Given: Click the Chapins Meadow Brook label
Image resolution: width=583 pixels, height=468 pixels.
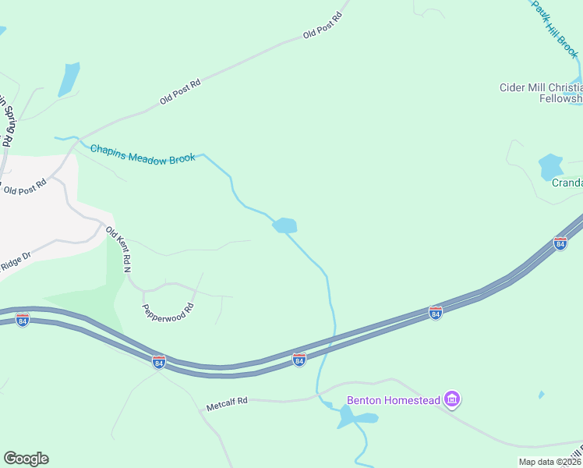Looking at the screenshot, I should [x=142, y=153].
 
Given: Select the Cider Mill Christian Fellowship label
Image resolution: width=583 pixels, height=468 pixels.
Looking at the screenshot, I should [x=541, y=93].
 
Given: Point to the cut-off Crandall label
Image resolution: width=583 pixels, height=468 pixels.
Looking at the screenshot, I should [x=567, y=183].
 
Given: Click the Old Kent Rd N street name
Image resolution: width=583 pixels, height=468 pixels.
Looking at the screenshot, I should [x=117, y=249].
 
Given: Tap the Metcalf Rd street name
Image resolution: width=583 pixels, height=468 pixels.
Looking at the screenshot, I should [x=227, y=402].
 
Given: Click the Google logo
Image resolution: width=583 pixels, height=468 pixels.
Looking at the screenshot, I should [x=26, y=459].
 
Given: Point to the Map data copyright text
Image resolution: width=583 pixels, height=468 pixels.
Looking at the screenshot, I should [x=550, y=462].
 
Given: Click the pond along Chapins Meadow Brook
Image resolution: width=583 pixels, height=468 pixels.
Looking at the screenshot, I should [x=284, y=225].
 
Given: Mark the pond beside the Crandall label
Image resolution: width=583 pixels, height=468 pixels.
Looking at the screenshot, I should [x=550, y=166].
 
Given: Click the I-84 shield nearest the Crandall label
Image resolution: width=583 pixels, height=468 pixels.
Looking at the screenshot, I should [x=560, y=244].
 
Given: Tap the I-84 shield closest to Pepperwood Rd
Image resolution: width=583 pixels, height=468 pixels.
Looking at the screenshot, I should [x=159, y=362].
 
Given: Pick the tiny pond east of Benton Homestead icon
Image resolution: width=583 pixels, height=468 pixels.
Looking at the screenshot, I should [x=541, y=395].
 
